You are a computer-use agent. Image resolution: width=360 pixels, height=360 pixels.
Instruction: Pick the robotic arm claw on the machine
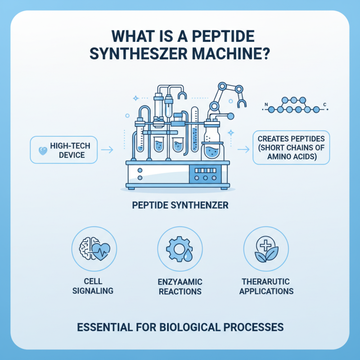(239, 101)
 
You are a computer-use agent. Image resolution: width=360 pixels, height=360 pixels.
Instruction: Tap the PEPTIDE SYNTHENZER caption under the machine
(180, 205)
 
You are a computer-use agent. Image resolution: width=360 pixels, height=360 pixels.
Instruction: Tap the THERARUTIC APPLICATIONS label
(266, 286)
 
